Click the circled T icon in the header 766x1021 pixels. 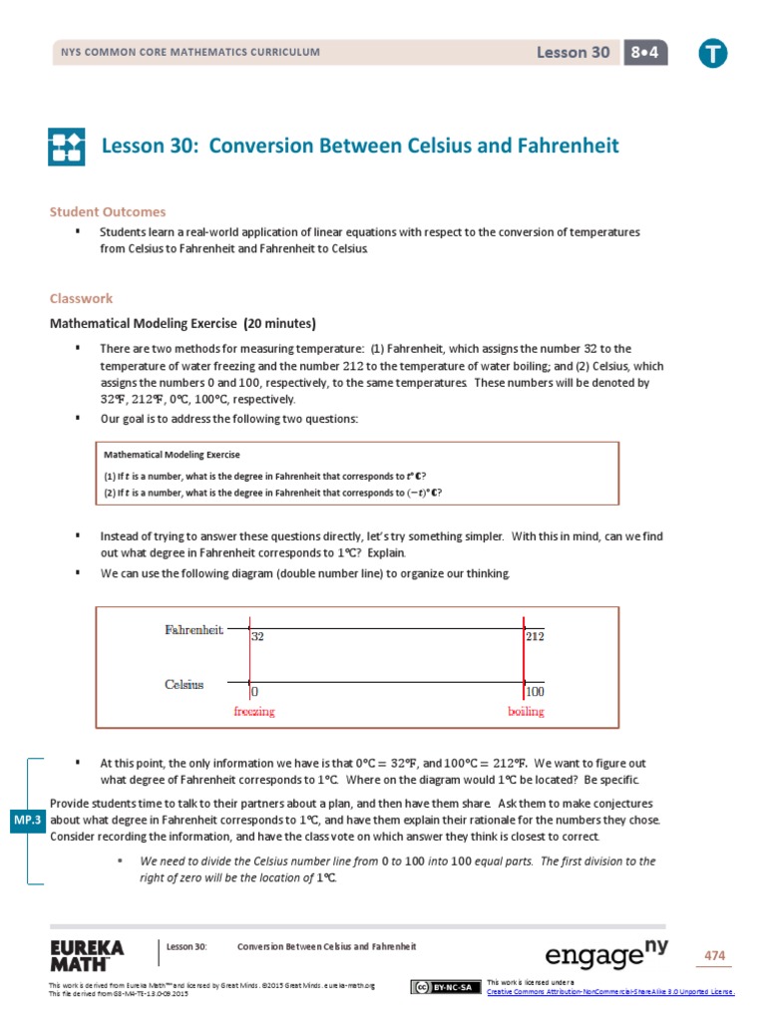[712, 54]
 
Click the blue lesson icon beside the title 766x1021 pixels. [68, 147]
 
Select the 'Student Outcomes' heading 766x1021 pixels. [108, 211]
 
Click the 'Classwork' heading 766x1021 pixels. [82, 298]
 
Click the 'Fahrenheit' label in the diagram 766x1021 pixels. [193, 629]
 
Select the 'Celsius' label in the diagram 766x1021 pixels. [184, 684]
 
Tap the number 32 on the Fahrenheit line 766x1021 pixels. [257, 636]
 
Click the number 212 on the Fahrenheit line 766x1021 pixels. [536, 636]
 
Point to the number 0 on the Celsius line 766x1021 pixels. [254, 691]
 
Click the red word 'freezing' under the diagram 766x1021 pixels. [253, 712]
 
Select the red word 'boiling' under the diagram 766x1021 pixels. [526, 712]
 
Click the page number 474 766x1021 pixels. [714, 955]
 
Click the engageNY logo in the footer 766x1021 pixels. [605, 954]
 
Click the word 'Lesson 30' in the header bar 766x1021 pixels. [574, 53]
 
